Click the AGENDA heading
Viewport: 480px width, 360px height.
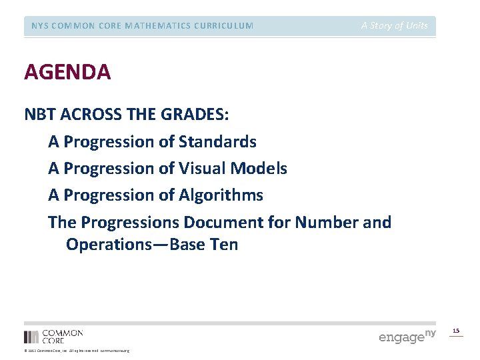67,72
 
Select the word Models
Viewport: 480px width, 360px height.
261,169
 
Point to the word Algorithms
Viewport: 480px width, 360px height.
221,195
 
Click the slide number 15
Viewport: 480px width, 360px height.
456,331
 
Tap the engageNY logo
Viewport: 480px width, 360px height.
407,336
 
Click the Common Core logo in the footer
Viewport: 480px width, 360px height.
53,336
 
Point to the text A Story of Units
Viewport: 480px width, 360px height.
395,26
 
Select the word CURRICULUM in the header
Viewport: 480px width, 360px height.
221,26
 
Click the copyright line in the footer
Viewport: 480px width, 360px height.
76,351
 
